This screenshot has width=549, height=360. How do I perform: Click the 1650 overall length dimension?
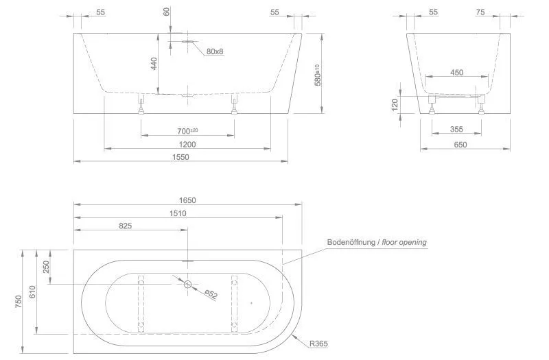click(187, 200)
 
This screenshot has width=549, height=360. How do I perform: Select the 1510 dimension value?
click(178, 213)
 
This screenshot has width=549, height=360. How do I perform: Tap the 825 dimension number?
click(126, 226)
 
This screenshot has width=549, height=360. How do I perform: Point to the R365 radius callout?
click(318, 344)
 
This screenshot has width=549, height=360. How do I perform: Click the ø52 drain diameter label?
click(211, 294)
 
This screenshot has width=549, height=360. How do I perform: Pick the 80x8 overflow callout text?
click(215, 51)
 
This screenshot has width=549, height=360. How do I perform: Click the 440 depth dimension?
click(154, 63)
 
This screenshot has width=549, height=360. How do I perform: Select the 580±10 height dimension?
click(318, 75)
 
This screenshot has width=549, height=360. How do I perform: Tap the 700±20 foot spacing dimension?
click(187, 131)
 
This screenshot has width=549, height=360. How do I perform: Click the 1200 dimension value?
click(187, 145)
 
